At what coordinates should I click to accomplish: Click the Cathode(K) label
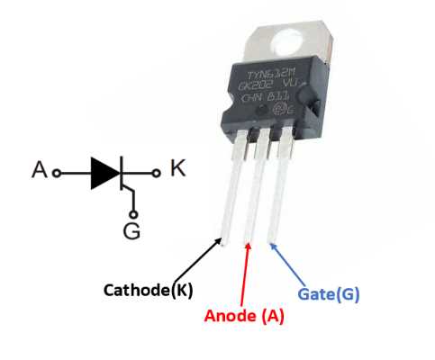pyautogui.click(x=149, y=290)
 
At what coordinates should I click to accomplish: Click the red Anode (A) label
pyautogui.click(x=245, y=316)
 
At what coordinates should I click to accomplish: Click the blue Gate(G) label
pyautogui.click(x=329, y=293)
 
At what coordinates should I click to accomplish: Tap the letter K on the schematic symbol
pyautogui.click(x=177, y=168)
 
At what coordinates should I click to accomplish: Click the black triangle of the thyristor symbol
pyautogui.click(x=104, y=172)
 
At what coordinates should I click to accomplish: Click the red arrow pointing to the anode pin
pyautogui.click(x=246, y=274)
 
